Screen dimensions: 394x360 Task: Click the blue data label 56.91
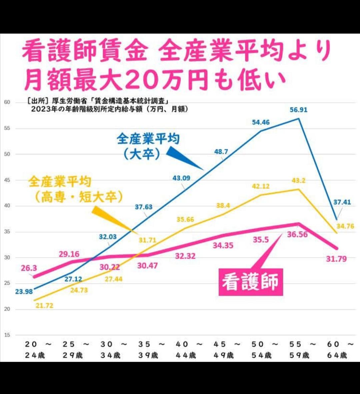point(298,109)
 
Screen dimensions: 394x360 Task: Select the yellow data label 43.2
point(298,180)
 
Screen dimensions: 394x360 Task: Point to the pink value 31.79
point(336,259)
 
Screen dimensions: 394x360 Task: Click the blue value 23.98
point(24,292)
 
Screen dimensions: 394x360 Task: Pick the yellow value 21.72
point(44,305)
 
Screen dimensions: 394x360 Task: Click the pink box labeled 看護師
point(250,282)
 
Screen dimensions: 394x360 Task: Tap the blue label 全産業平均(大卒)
point(148,146)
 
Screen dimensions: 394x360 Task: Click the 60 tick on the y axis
point(7,102)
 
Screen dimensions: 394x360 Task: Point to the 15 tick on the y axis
point(7,335)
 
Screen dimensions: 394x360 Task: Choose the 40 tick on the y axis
point(7,206)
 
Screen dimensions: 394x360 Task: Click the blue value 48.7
point(221,152)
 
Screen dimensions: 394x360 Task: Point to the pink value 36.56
point(297,235)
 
